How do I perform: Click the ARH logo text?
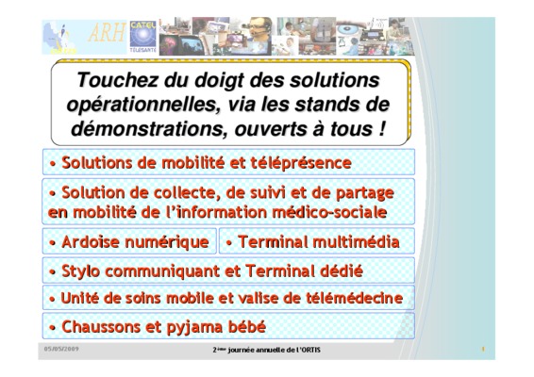coord(107,34)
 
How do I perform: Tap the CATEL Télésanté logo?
coord(143,37)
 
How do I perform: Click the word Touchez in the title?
coord(117,80)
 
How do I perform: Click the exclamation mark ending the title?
coord(381,128)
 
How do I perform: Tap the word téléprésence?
coord(301,163)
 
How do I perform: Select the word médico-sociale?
coord(329,212)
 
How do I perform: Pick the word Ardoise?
coord(92,242)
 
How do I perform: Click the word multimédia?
coord(356,242)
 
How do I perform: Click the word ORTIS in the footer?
coord(313,350)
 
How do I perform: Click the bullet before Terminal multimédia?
coord(229,243)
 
